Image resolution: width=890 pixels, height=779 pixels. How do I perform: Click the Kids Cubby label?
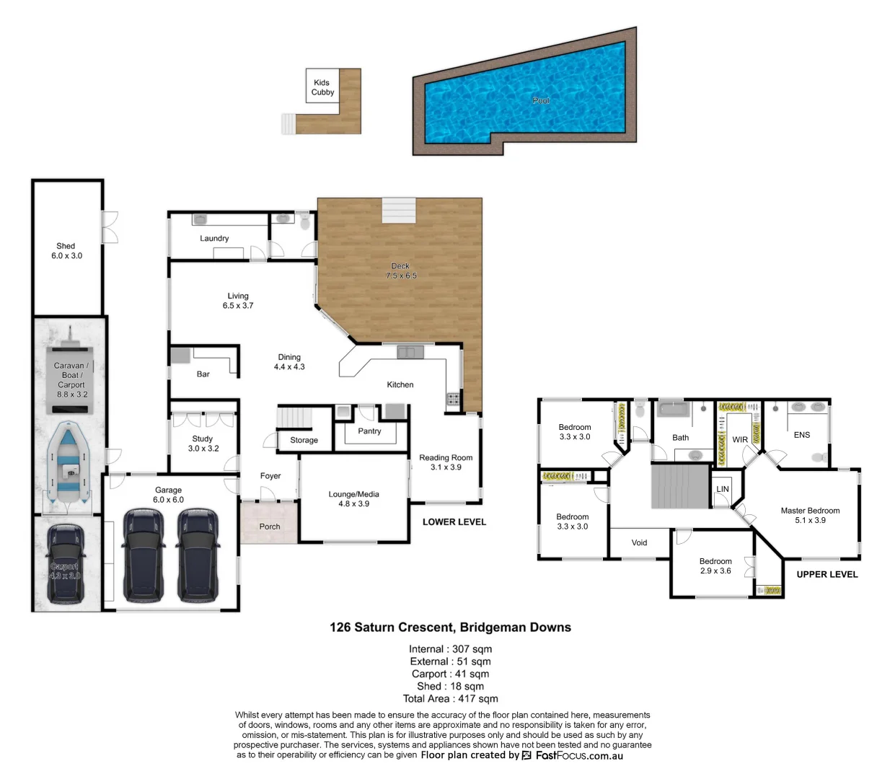click(322, 87)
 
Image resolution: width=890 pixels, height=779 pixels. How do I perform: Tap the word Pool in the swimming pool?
click(540, 100)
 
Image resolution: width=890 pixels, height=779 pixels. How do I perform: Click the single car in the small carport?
click(65, 563)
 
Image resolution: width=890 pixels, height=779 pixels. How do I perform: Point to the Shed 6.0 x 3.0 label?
click(66, 251)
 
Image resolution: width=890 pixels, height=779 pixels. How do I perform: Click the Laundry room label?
click(214, 238)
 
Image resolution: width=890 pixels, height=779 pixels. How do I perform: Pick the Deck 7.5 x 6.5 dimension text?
click(400, 271)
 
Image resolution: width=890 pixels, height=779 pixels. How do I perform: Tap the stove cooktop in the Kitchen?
click(453, 398)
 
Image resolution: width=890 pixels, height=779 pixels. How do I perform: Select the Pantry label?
click(369, 431)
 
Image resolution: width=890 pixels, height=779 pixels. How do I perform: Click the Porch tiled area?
click(269, 523)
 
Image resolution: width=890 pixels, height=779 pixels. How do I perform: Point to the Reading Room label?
click(446, 462)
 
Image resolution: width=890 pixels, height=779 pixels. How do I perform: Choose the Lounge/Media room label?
click(353, 499)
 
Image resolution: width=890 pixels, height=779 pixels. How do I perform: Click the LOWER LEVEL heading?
click(454, 521)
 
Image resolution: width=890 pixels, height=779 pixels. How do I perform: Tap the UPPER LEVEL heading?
click(827, 574)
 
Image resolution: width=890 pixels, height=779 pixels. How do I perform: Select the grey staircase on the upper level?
click(680, 486)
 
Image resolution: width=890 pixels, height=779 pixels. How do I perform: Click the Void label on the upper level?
click(639, 542)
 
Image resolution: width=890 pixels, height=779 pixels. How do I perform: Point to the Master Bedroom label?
click(810, 515)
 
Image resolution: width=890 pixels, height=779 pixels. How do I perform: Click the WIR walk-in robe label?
click(740, 439)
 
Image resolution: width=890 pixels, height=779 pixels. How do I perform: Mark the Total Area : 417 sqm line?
click(450, 698)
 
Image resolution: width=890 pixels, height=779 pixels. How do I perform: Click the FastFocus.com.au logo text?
click(578, 755)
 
